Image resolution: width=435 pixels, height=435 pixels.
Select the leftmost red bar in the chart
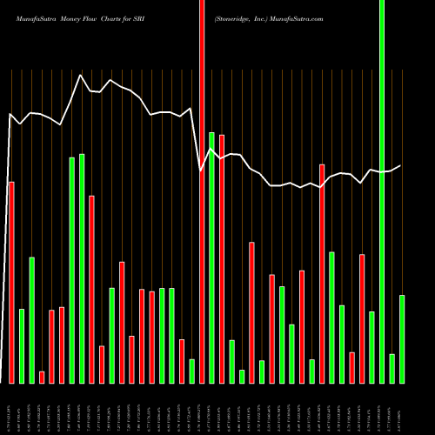[11, 282]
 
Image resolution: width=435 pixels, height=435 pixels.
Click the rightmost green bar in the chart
[402, 338]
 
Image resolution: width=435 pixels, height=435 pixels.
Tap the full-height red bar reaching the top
[202, 191]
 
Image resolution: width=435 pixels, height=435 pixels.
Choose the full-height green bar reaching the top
[382, 191]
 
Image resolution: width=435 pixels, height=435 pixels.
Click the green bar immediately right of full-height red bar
[212, 257]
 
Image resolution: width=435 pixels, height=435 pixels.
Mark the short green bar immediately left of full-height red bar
[191, 371]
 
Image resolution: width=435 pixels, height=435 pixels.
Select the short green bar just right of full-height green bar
[392, 368]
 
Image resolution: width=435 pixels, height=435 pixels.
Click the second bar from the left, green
[22, 345]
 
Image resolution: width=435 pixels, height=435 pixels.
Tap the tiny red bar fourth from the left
[42, 377]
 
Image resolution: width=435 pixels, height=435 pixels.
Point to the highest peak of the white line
[81, 76]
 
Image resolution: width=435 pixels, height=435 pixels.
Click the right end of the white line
[401, 165]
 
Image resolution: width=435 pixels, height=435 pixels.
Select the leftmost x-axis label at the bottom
[11, 408]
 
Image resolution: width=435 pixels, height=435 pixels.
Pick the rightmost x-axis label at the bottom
[402, 408]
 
